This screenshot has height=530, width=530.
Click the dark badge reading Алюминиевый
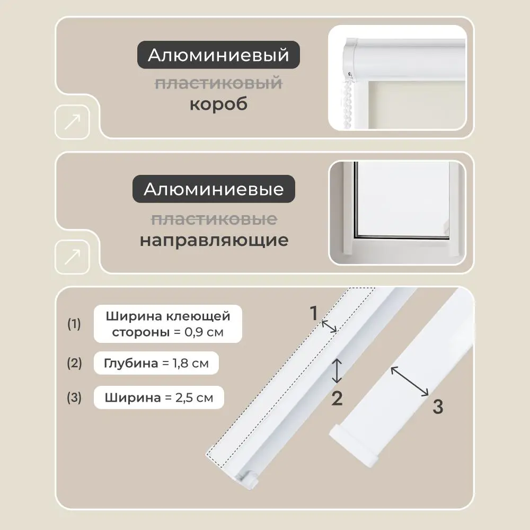click(x=219, y=55)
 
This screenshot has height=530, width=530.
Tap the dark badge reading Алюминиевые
click(x=214, y=189)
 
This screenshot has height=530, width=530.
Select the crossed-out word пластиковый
click(x=218, y=83)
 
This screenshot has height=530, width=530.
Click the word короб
click(x=218, y=104)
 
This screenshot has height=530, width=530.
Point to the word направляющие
click(x=214, y=240)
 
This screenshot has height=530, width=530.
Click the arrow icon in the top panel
click(x=72, y=122)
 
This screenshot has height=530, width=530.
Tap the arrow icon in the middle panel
click(x=72, y=257)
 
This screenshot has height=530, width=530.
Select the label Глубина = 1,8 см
click(x=156, y=364)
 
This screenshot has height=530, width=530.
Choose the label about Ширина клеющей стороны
click(x=168, y=324)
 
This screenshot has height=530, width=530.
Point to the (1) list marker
click(x=74, y=324)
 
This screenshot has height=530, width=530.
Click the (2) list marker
click(x=74, y=364)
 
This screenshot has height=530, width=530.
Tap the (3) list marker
click(x=74, y=397)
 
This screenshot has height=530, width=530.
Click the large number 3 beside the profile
click(x=437, y=407)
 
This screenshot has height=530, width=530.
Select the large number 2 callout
click(x=337, y=398)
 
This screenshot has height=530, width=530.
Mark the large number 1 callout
click(x=314, y=313)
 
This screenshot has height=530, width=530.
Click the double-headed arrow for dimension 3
click(x=410, y=381)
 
